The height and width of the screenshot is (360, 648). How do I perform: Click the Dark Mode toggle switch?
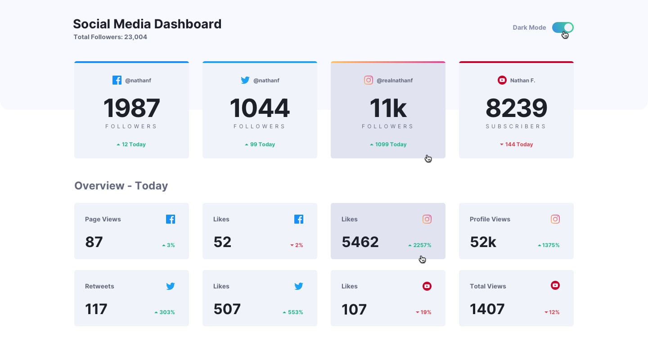[562, 27]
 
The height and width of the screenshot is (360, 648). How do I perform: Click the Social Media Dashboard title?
[147, 24]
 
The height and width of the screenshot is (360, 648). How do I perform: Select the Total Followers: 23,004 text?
[110, 37]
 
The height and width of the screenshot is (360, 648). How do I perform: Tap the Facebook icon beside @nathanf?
[117, 80]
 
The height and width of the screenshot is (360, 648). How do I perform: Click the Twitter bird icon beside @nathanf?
[245, 80]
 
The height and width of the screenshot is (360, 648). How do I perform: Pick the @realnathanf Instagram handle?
[394, 81]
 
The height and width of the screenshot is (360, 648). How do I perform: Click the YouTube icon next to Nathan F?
[502, 80]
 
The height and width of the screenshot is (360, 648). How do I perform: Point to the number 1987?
[131, 108]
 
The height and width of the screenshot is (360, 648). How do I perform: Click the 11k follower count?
[388, 108]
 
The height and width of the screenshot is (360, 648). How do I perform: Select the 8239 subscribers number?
[516, 108]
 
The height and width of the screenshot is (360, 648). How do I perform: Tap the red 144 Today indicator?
[516, 144]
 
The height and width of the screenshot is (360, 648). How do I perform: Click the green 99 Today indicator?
[260, 144]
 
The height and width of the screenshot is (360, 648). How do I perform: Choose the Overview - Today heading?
[121, 186]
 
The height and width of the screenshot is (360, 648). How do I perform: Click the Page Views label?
[103, 219]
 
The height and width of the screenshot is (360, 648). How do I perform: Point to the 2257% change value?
[420, 245]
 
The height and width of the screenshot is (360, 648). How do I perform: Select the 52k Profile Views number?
[483, 242]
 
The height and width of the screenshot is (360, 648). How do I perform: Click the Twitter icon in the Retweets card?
[171, 286]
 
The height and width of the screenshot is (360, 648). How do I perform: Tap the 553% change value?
[292, 312]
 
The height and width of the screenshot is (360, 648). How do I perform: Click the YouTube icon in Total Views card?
[555, 285]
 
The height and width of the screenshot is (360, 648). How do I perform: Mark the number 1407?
[487, 309]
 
